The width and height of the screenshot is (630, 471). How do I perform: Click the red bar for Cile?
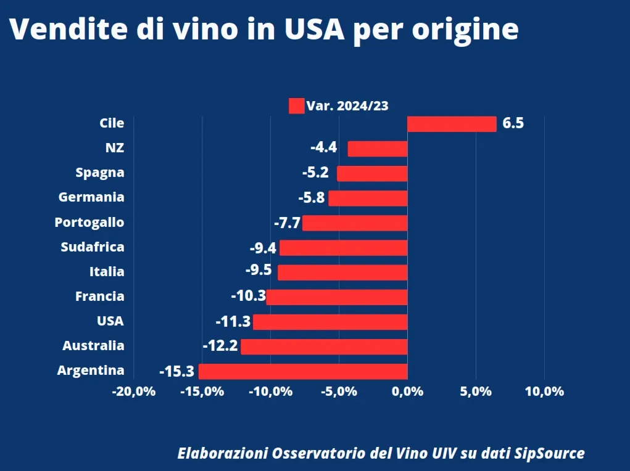pos(452,124)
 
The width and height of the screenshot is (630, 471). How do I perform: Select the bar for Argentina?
pos(303,371)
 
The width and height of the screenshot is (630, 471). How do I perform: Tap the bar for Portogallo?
pos(355,223)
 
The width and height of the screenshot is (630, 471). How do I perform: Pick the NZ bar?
pos(378,149)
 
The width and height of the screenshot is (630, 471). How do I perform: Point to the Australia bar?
pos(324,346)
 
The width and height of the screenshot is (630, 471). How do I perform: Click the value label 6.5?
pos(513,123)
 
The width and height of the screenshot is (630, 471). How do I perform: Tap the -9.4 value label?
pos(262,248)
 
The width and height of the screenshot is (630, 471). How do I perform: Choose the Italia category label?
pos(107,272)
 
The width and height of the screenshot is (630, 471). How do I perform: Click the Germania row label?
pos(91,198)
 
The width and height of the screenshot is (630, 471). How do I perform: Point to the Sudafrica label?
pos(93,247)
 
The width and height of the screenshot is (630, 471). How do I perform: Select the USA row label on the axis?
pos(110,321)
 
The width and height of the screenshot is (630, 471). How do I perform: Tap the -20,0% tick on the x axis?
pos(133,391)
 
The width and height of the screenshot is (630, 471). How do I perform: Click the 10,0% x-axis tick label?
pos(544,391)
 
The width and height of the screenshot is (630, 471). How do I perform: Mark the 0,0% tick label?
pos(407,391)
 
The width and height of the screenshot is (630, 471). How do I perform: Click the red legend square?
pos(296,106)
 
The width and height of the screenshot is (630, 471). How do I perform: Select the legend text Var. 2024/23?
pos(347,106)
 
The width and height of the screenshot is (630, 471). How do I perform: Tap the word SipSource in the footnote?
pos(550,454)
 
